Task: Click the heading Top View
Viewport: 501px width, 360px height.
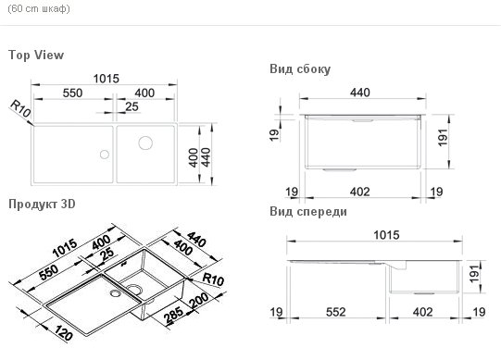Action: [x=35, y=56]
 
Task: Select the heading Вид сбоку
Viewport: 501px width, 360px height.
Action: [x=300, y=68]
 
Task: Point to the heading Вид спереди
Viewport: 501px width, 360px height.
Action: [x=308, y=212]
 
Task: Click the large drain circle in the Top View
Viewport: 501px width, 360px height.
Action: [x=146, y=143]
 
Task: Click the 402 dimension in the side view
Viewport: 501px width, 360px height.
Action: [x=361, y=192]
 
